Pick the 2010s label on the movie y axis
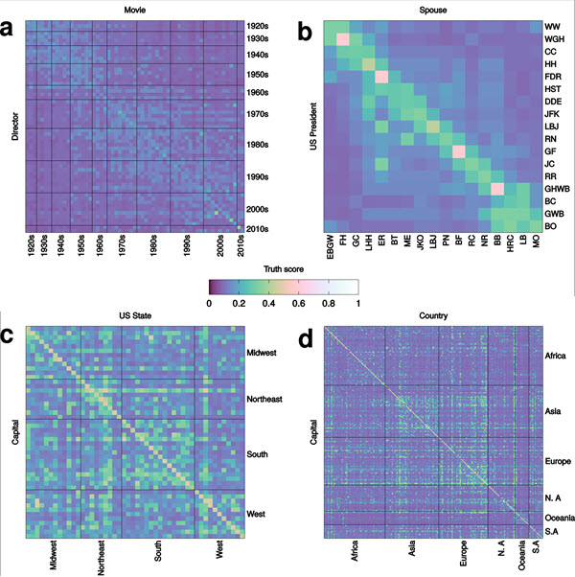[x=257, y=228]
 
